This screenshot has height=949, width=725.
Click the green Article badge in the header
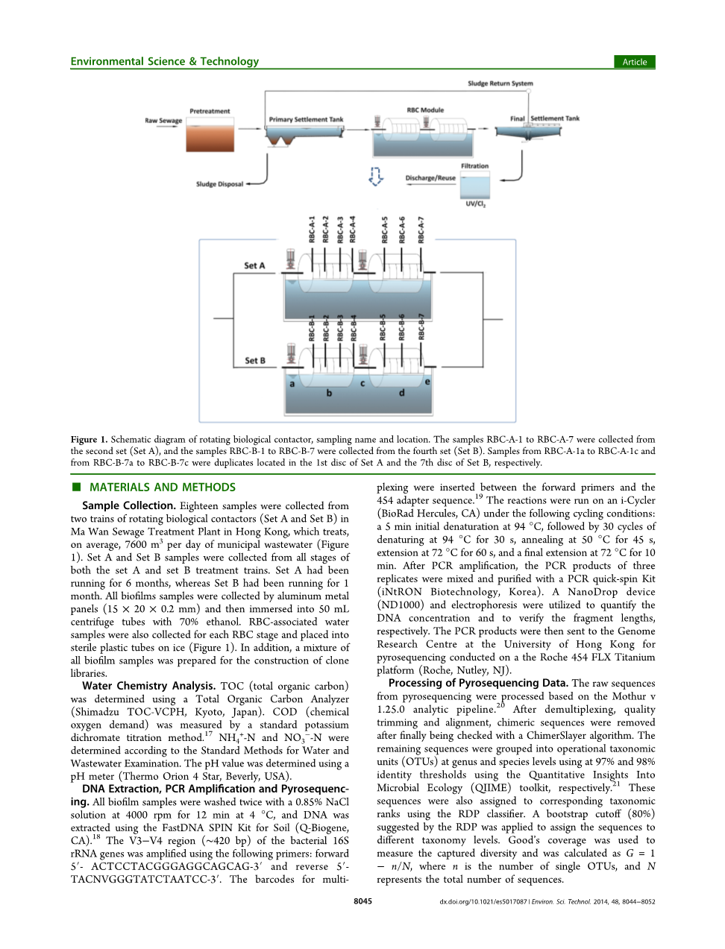pos(634,62)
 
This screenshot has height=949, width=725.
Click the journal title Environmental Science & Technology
pos(164,61)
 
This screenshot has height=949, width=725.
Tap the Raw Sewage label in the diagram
pos(163,120)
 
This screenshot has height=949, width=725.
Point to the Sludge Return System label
pos(500,83)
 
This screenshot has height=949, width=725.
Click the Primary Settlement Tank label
pos(306,119)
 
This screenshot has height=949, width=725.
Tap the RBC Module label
pos(425,110)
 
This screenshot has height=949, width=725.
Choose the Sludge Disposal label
pos(219,184)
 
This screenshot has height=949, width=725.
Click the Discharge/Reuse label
pos(430,178)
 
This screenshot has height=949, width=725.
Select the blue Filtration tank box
pos(475,185)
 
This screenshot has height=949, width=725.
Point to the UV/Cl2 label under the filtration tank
pos(475,204)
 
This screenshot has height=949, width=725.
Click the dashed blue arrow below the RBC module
pos(376,177)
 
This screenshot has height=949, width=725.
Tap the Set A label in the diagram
pos(254,265)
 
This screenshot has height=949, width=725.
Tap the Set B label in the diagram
pos(255,361)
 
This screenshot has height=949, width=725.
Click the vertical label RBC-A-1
pos(313,230)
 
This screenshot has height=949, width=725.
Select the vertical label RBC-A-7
pos(421,230)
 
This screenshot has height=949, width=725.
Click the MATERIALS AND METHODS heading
pos(162,488)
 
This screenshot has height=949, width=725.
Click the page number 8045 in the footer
pos(362,901)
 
